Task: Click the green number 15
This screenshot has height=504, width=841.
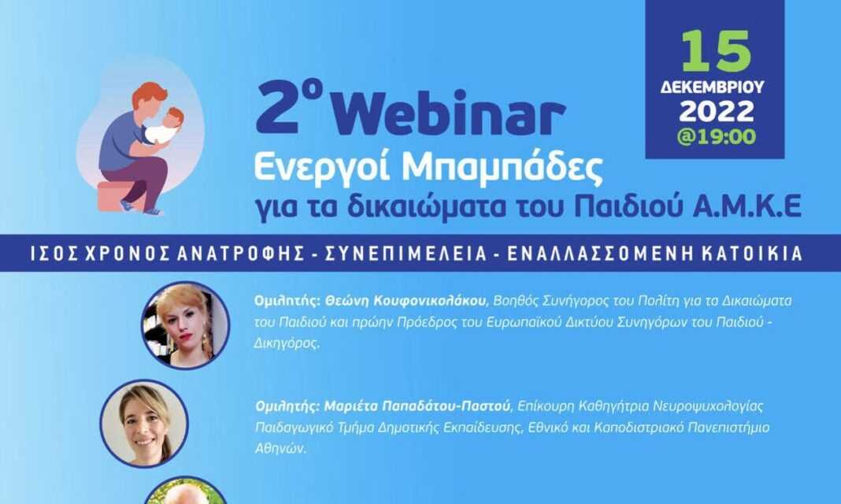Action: [716, 51]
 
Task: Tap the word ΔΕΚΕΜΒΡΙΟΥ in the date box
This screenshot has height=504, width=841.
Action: [713, 87]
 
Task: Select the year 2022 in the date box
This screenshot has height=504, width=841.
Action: [717, 112]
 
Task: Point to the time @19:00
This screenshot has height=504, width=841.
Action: [717, 136]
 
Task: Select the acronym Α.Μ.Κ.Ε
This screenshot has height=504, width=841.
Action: [747, 206]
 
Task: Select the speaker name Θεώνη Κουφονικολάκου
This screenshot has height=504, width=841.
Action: [406, 301]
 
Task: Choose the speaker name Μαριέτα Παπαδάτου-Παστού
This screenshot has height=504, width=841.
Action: [417, 406]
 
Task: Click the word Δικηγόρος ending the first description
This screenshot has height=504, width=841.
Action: [287, 343]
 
